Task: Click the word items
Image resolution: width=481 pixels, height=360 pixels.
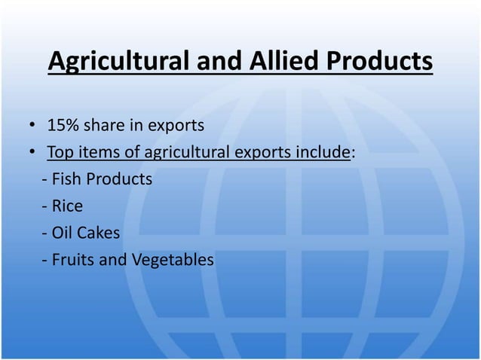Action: pos(100,152)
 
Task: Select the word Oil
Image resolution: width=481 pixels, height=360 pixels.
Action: pos(63,233)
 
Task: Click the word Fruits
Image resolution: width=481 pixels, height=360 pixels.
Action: pos(77,261)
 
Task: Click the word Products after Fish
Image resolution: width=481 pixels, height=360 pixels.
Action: pos(121,179)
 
